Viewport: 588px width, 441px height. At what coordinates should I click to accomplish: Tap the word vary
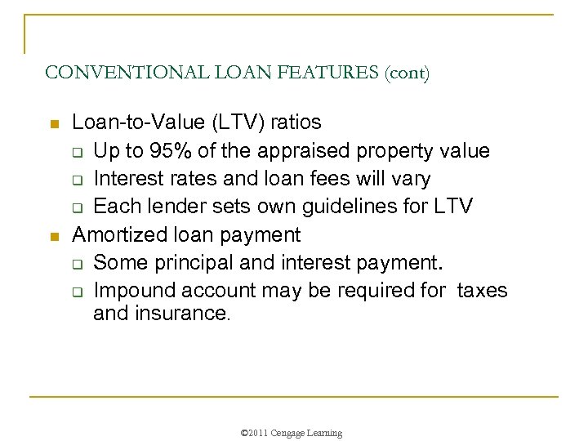(x=411, y=179)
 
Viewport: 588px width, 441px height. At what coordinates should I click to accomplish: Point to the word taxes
(x=483, y=291)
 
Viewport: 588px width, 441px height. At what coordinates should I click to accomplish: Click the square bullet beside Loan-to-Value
(x=54, y=124)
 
